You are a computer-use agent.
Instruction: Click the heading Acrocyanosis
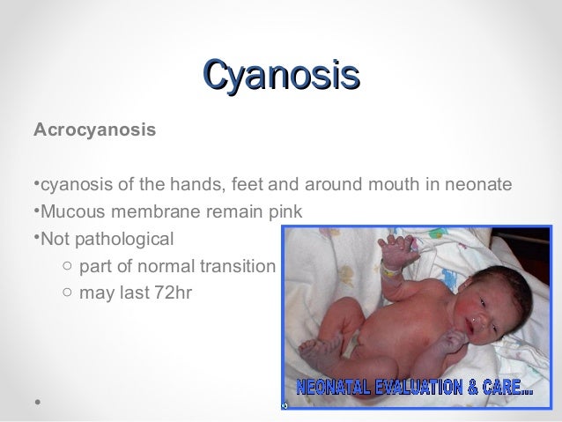tap(94, 130)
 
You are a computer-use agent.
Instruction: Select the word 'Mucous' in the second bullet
tap(70, 211)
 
